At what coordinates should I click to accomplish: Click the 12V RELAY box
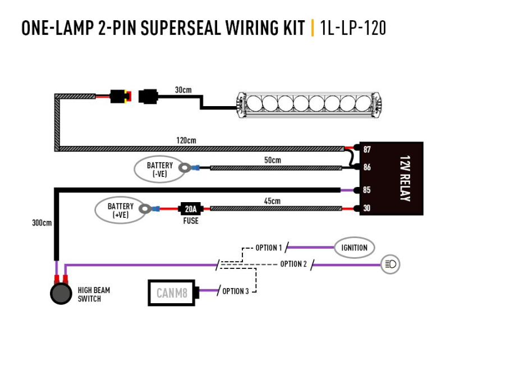click(392, 179)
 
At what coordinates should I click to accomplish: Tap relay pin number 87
click(367, 150)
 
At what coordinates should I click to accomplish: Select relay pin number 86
click(367, 167)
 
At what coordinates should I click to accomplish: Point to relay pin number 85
click(367, 190)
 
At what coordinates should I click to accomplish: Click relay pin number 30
click(367, 209)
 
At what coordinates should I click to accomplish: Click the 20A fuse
click(191, 209)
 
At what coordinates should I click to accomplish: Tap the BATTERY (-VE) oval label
click(159, 170)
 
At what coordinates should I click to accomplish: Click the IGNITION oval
click(354, 248)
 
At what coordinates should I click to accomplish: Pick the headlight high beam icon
click(391, 264)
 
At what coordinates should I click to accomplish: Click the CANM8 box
click(171, 292)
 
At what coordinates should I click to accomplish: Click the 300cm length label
click(42, 223)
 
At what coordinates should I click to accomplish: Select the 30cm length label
click(183, 89)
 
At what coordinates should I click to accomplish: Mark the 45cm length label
click(272, 200)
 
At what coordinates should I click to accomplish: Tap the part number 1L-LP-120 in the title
click(352, 28)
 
